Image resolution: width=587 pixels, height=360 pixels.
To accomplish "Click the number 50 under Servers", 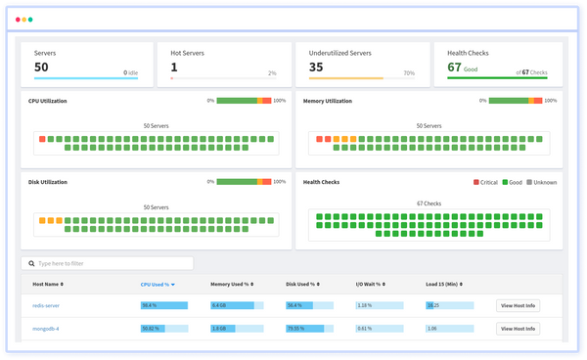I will coord(42,67).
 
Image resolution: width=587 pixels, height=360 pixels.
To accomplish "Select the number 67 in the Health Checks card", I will coord(455,67).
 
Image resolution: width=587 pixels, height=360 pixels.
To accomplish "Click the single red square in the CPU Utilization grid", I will coord(42,139).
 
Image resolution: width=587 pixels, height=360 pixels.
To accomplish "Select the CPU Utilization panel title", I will coord(56,100).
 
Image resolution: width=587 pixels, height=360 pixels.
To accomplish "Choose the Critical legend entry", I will coord(488,181).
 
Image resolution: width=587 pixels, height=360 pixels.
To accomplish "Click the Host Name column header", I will coord(49,284).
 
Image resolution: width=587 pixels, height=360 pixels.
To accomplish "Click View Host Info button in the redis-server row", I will coord(518,305).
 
